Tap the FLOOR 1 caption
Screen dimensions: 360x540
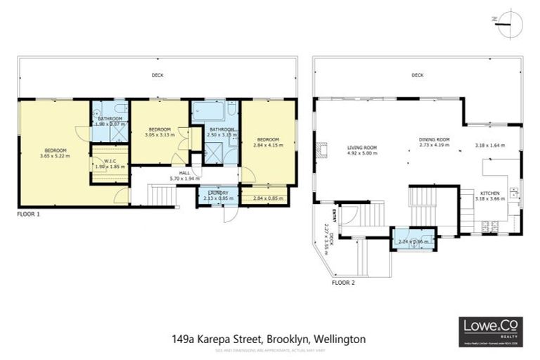pos(32,213)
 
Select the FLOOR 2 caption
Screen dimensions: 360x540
pos(344,283)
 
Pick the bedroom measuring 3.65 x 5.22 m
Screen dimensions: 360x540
pos(56,153)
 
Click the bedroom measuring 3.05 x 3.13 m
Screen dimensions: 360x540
pos(160,131)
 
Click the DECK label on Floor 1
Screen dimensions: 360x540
pos(153,75)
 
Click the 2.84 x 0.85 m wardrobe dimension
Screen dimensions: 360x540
pos(267,198)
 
